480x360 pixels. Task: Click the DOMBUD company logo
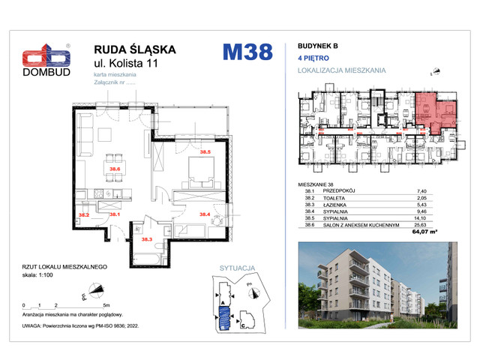click(x=46, y=62)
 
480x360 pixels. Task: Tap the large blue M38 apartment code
click(x=247, y=53)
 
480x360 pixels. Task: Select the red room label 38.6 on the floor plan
click(x=115, y=169)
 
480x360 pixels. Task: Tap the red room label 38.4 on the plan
click(x=204, y=214)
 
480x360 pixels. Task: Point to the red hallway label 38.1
click(x=115, y=214)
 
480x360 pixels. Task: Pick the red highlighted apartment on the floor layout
click(x=430, y=111)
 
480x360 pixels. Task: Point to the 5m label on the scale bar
click(x=108, y=306)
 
